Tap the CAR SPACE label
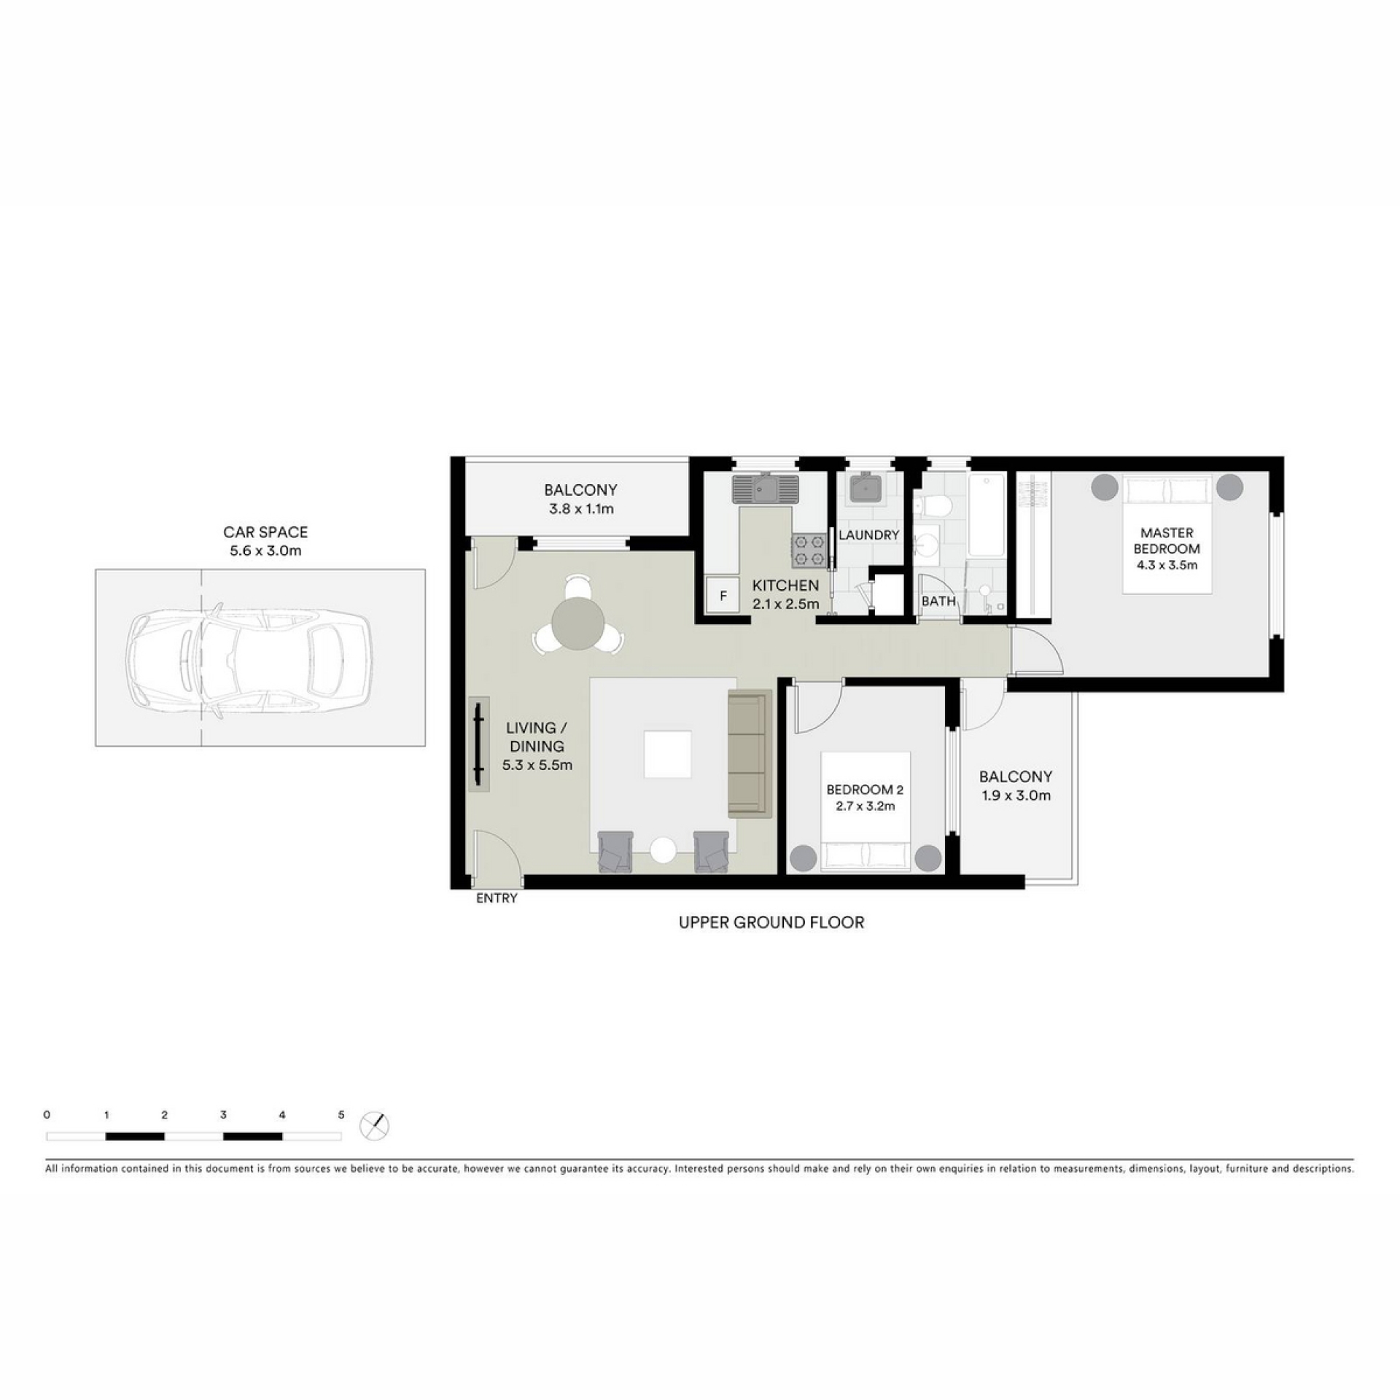(x=265, y=532)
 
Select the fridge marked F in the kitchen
(x=723, y=596)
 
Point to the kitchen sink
(x=766, y=488)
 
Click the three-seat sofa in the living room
(x=750, y=753)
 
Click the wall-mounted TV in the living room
(x=478, y=743)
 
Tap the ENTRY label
(x=497, y=899)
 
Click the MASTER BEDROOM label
(x=1167, y=541)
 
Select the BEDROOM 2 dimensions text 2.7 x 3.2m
(x=865, y=806)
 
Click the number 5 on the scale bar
(x=341, y=1115)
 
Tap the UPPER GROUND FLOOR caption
(x=771, y=922)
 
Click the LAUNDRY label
(x=868, y=535)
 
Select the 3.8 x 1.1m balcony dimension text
(x=581, y=509)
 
